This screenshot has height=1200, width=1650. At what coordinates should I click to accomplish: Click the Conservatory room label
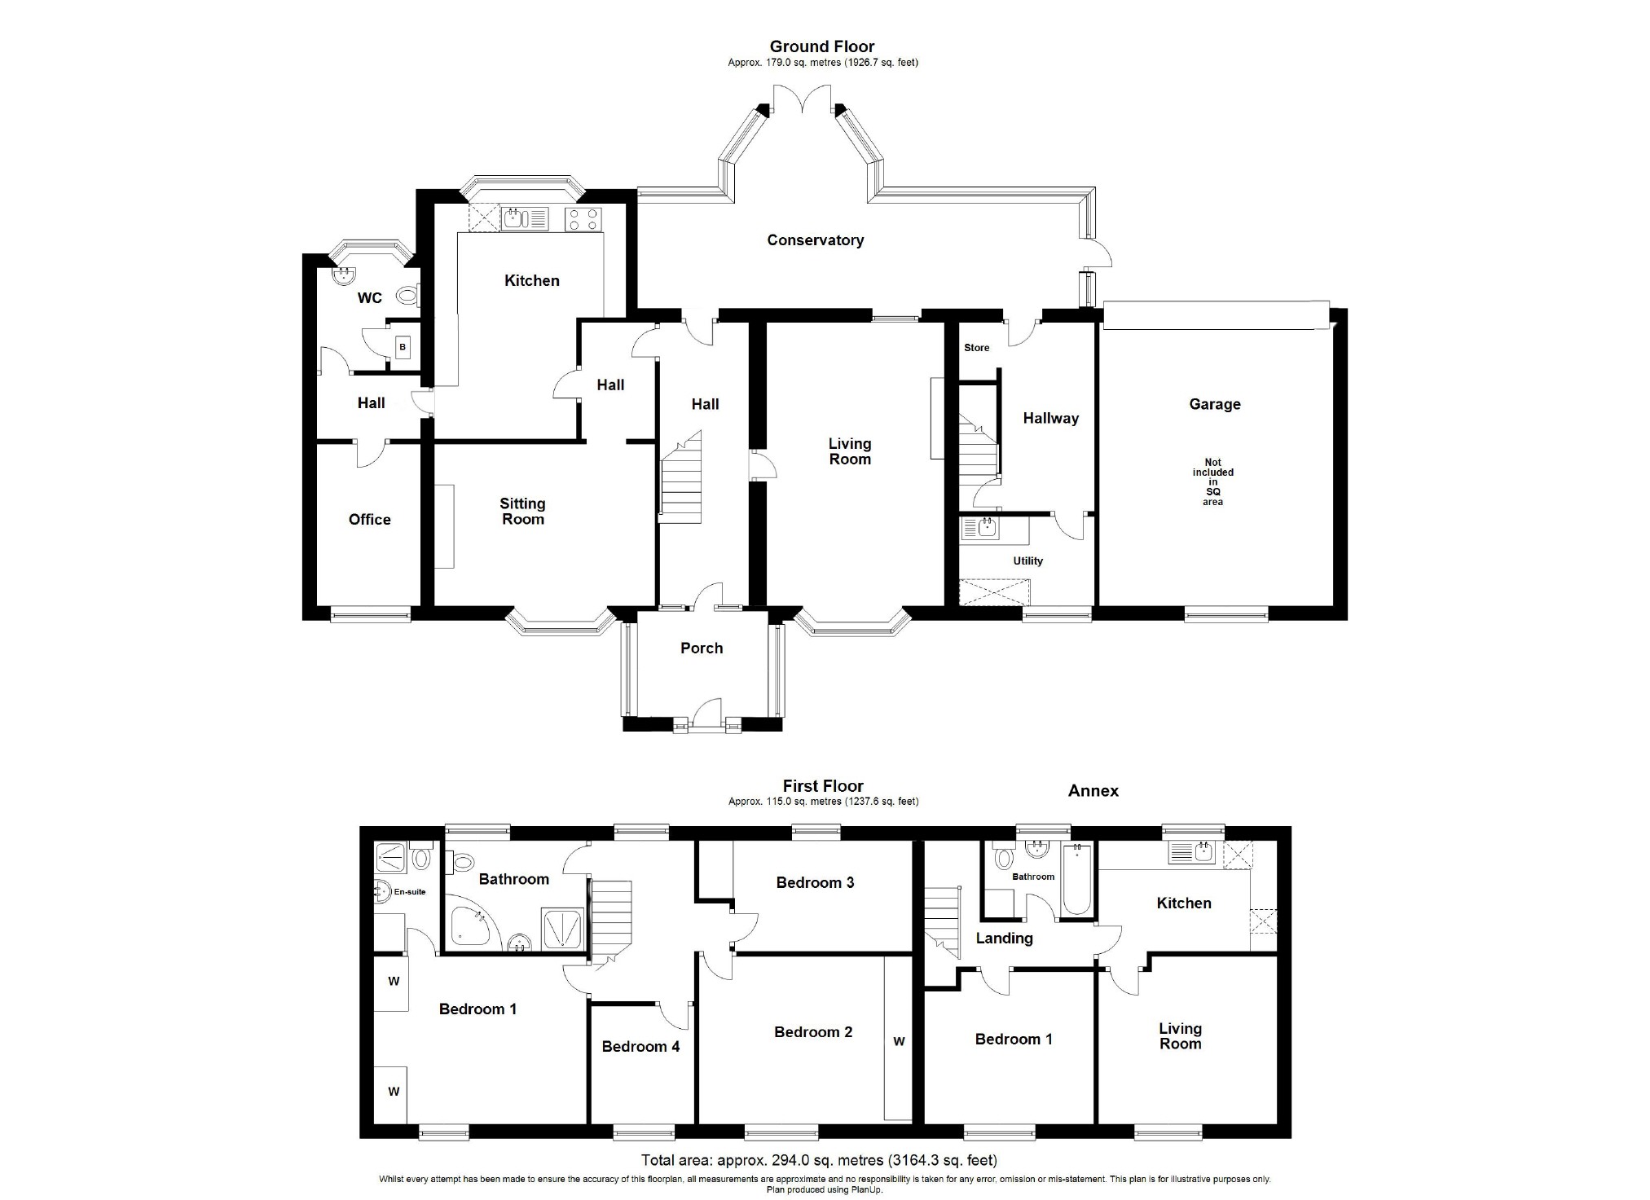(815, 240)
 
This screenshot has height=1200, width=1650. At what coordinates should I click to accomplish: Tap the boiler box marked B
(403, 348)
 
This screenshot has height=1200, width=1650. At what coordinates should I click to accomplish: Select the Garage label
(1214, 404)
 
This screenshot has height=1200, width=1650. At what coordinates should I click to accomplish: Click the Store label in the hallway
(976, 348)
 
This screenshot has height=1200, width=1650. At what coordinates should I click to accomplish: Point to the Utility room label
(1027, 560)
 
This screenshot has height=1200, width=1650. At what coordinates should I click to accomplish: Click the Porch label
(702, 648)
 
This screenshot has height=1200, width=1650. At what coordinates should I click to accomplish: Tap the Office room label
(369, 520)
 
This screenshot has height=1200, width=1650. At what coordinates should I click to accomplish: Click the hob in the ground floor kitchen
(583, 218)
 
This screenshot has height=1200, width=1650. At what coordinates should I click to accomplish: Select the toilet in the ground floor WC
(407, 295)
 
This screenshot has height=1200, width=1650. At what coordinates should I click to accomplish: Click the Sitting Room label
(522, 512)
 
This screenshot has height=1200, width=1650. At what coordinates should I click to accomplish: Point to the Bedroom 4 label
(640, 1047)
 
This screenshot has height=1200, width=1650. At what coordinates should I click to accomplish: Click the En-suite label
(410, 891)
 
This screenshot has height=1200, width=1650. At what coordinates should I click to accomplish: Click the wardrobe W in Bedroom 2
(899, 1041)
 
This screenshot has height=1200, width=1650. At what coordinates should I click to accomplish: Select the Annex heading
(1093, 791)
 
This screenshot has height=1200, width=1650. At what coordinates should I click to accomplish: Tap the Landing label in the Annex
(1004, 938)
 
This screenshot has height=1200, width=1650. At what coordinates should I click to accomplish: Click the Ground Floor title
(822, 46)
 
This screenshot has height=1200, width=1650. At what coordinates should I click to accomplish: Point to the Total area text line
(819, 1160)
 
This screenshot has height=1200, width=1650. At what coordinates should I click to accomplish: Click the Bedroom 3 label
(815, 882)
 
